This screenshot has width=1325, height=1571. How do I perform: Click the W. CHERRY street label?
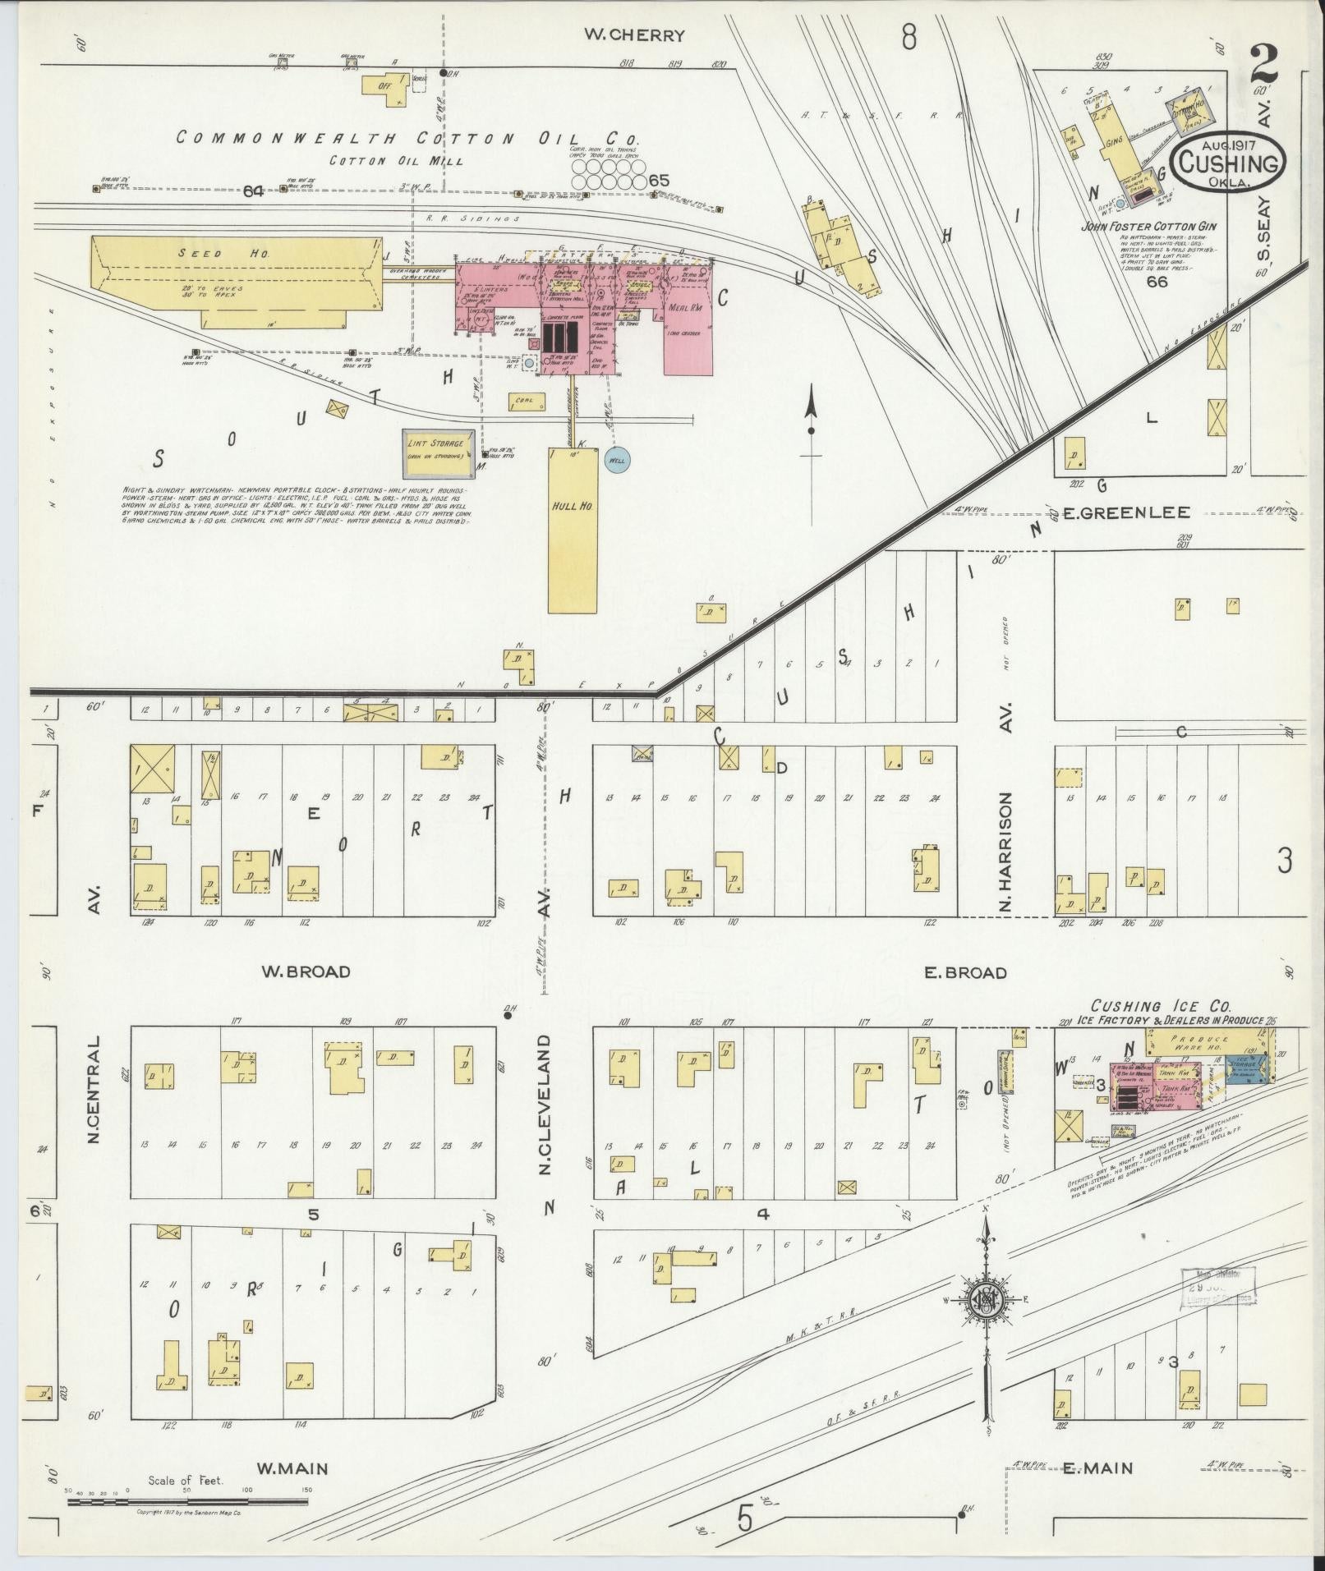[x=633, y=35]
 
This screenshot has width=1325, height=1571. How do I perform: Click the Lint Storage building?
[x=439, y=452]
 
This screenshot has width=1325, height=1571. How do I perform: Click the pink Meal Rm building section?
[x=688, y=328]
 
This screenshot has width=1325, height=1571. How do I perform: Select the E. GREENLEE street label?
[x=1126, y=513]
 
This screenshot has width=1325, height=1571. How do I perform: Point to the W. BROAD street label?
[x=306, y=972]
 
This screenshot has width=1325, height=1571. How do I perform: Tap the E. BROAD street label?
[x=965, y=973]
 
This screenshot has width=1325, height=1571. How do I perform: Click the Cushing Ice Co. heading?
[x=1159, y=1006]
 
